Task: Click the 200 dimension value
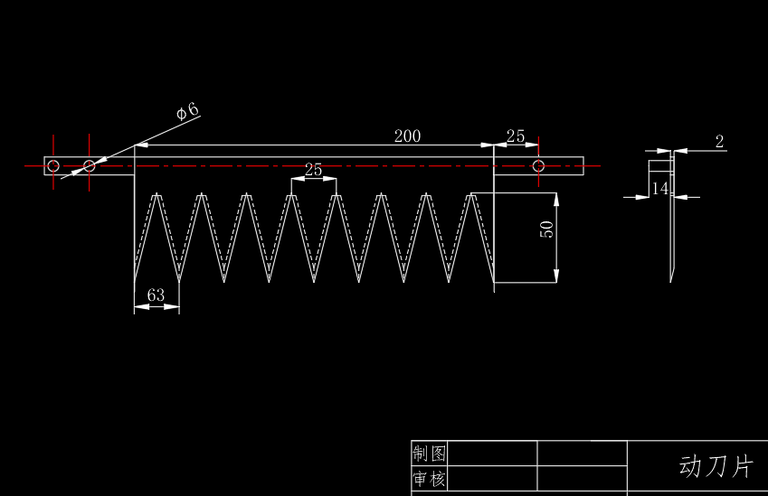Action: point(407,136)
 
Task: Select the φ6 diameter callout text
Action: point(187,111)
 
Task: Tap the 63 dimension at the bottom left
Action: point(156,295)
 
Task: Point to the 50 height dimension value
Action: point(546,229)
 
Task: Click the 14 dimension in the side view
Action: point(659,188)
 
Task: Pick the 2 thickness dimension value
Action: point(719,141)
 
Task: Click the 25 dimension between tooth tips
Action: point(313,170)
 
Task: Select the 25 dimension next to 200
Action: point(515,136)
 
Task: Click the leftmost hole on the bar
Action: point(53,165)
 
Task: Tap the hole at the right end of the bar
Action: point(538,166)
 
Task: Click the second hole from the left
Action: point(89,165)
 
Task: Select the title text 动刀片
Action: point(716,466)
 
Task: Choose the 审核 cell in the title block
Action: point(429,479)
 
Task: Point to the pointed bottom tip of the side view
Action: point(670,280)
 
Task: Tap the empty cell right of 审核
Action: point(492,479)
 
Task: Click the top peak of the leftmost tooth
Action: point(157,194)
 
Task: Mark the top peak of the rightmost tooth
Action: point(472,194)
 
